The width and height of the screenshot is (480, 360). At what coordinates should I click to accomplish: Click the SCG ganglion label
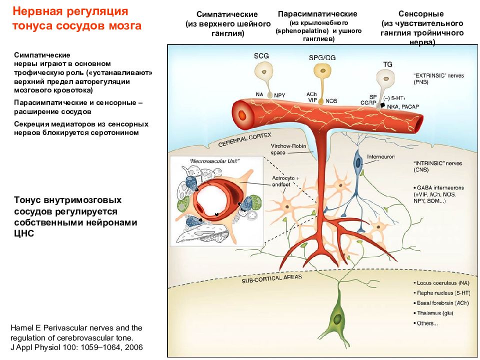click(261, 56)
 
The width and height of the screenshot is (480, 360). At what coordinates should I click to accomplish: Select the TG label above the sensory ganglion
click(387, 64)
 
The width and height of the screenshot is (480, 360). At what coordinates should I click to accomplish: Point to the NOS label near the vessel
click(331, 100)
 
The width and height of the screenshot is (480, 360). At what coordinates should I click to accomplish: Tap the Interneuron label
click(381, 156)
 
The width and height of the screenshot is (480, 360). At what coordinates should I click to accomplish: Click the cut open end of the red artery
click(243, 113)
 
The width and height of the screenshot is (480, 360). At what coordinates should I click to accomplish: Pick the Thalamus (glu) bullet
click(433, 313)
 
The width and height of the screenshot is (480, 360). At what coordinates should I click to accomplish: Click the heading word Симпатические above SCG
click(220, 14)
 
